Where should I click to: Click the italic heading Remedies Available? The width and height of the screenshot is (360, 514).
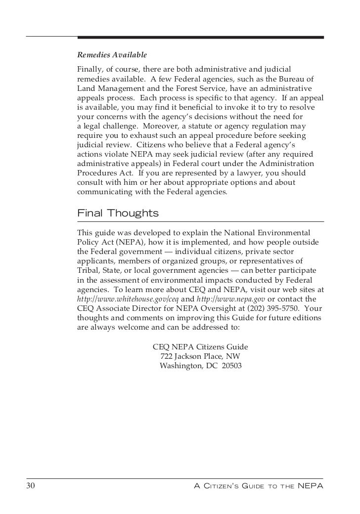tap(112, 54)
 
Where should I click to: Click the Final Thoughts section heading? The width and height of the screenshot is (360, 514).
tap(118, 214)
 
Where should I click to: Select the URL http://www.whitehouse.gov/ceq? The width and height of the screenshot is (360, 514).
tap(128, 300)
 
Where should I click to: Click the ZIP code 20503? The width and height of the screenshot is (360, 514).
tap(232, 366)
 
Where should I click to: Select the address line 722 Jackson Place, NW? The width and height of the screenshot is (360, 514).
tap(201, 356)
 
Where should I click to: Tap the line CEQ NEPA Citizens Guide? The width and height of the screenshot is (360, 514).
tap(200, 346)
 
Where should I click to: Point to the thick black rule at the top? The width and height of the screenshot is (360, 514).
tap(200, 37)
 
